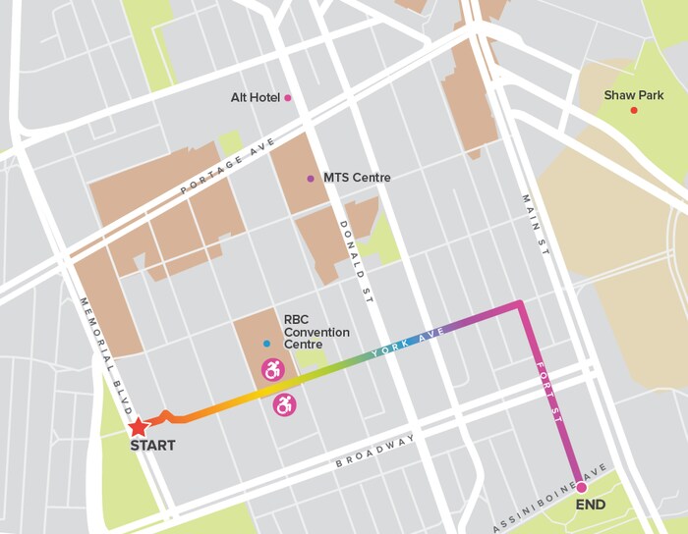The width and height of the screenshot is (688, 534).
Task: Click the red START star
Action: pos(139,427)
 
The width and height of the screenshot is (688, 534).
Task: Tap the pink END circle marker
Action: pos(581,487)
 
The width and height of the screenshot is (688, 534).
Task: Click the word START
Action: pos(152,446)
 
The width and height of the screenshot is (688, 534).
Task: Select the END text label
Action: pos(591,506)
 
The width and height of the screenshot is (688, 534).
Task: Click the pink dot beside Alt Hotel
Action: pos(288,98)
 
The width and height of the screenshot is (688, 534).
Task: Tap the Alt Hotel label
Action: pos(254,98)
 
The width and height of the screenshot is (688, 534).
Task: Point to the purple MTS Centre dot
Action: pos(311,179)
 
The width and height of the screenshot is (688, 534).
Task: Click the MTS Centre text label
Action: pos(356,179)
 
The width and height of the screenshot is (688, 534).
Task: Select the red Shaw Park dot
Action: pos(634,110)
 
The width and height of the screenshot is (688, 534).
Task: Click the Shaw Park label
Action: pos(632,94)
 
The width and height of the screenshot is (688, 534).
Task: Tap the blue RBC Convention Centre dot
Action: pos(266,344)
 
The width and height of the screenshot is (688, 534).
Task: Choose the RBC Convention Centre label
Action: pos(316,332)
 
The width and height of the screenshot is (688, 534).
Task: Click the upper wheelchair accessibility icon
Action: pos(271,371)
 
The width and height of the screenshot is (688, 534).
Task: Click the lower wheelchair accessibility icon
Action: pos(284,404)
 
